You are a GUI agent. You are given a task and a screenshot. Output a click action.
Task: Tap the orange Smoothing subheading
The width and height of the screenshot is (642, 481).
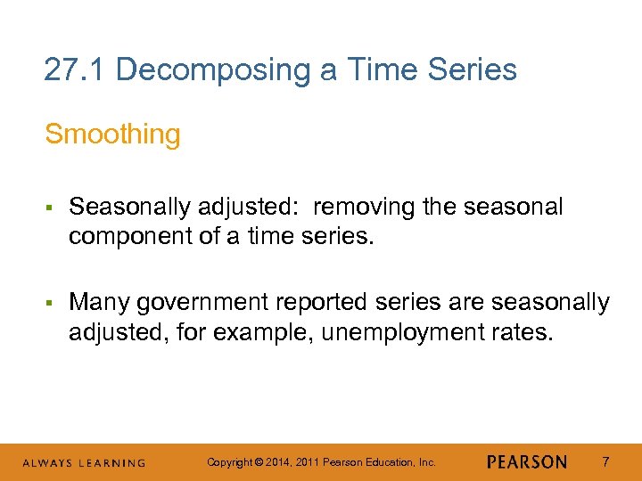pyautogui.click(x=112, y=135)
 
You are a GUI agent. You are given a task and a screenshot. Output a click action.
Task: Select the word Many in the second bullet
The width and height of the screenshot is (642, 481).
pyautogui.click(x=97, y=302)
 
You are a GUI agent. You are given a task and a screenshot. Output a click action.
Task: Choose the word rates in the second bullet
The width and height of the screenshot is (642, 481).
pyautogui.click(x=518, y=333)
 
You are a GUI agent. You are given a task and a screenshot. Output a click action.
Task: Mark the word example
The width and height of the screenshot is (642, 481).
pyautogui.click(x=233, y=333)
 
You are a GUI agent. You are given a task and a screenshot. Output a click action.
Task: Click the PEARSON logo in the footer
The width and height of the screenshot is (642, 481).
pyautogui.click(x=527, y=462)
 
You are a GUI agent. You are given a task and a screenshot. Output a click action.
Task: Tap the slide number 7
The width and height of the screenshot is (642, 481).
pyautogui.click(x=606, y=462)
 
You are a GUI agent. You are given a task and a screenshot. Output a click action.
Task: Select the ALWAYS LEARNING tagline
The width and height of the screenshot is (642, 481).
pyautogui.click(x=84, y=463)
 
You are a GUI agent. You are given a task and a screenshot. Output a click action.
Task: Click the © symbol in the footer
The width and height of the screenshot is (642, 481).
pyautogui.click(x=258, y=462)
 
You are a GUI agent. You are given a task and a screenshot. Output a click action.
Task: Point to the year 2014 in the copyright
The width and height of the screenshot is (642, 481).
pyautogui.click(x=276, y=462)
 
